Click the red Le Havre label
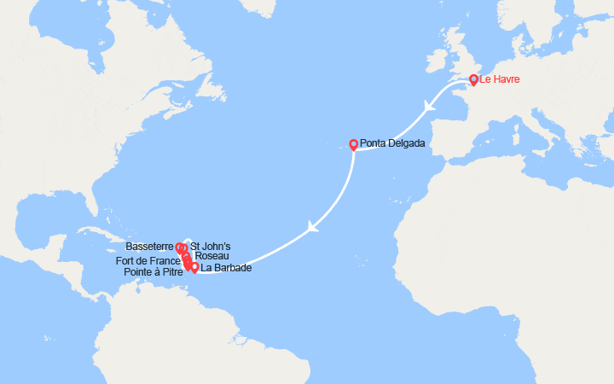[x=500, y=81]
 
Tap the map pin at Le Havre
[x=473, y=80]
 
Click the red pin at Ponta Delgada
[x=353, y=144]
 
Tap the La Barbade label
[x=226, y=268]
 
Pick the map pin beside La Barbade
[x=194, y=268]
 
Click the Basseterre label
[x=150, y=246]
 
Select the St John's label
[x=210, y=246]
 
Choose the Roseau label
[x=211, y=255]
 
